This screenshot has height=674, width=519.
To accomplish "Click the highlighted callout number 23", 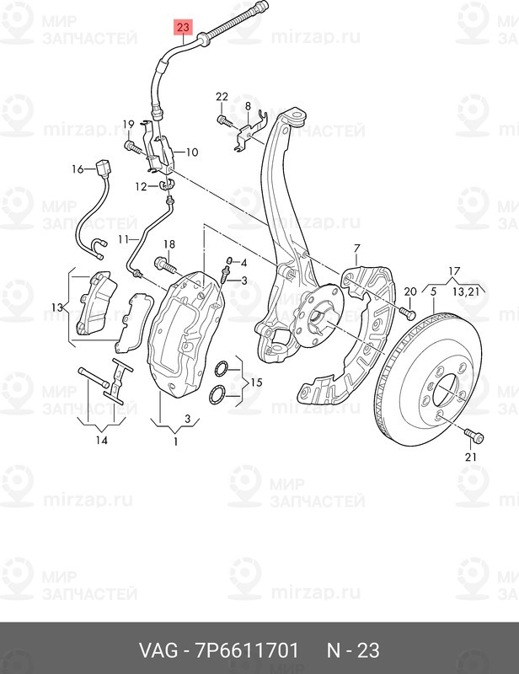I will coord(183,26).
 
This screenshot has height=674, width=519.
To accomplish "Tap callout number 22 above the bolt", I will coord(222,97).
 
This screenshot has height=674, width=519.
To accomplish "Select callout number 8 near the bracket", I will coord(248,104).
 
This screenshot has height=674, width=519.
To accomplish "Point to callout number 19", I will coord(128,126).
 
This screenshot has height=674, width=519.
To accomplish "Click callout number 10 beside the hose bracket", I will coord(191,152).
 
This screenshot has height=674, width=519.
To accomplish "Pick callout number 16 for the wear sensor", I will coord(77,169).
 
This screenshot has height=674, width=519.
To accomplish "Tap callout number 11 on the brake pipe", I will coord(123,239).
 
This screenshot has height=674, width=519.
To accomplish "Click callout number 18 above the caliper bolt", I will coord(168,245).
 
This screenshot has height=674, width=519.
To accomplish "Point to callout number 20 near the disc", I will coord(410,292).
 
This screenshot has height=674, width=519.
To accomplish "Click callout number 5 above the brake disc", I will coord(433,292).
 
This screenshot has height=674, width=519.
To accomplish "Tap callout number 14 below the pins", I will coord(101,440).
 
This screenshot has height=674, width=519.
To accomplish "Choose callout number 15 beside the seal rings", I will coord(255,382).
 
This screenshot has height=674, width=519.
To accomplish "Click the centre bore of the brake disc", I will coord(447,393).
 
